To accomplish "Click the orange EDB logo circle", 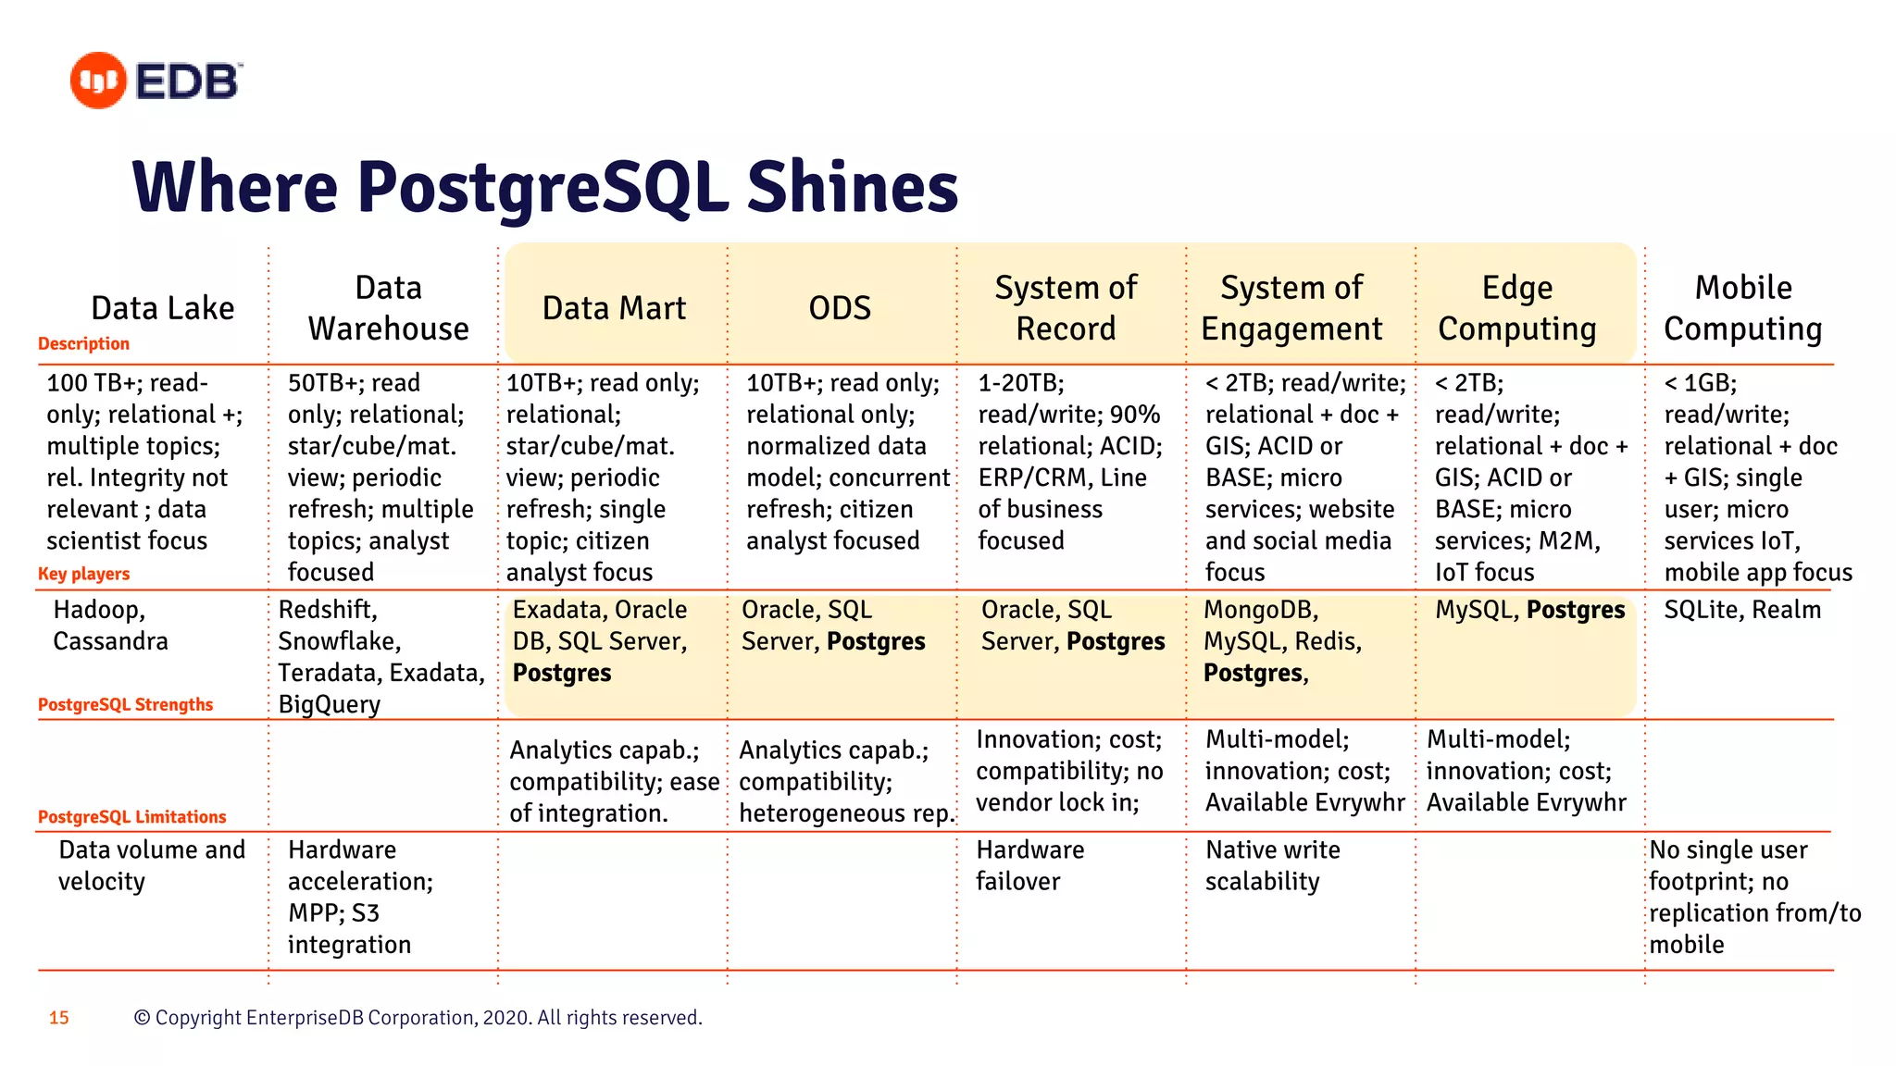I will (98, 81).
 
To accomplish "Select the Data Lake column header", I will (163, 308).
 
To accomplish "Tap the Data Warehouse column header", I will (388, 308).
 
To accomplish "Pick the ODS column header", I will (840, 308).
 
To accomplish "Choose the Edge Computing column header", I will (1516, 308).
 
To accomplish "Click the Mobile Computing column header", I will (1742, 308).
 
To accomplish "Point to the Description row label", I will (83, 343).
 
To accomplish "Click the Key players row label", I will (83, 574).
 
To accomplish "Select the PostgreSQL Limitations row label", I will (131, 817).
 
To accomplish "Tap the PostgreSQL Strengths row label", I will (125, 705).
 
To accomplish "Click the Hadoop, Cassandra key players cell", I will (110, 626).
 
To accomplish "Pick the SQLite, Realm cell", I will (1742, 610).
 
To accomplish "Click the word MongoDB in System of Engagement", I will (1259, 610).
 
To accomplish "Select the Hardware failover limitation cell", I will (1029, 865).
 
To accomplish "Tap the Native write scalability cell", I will (1272, 865).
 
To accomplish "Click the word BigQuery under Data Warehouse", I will (329, 705).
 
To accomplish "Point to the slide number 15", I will (59, 1018).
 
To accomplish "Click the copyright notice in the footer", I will (418, 1018).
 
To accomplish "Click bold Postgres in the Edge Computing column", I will (1575, 610).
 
